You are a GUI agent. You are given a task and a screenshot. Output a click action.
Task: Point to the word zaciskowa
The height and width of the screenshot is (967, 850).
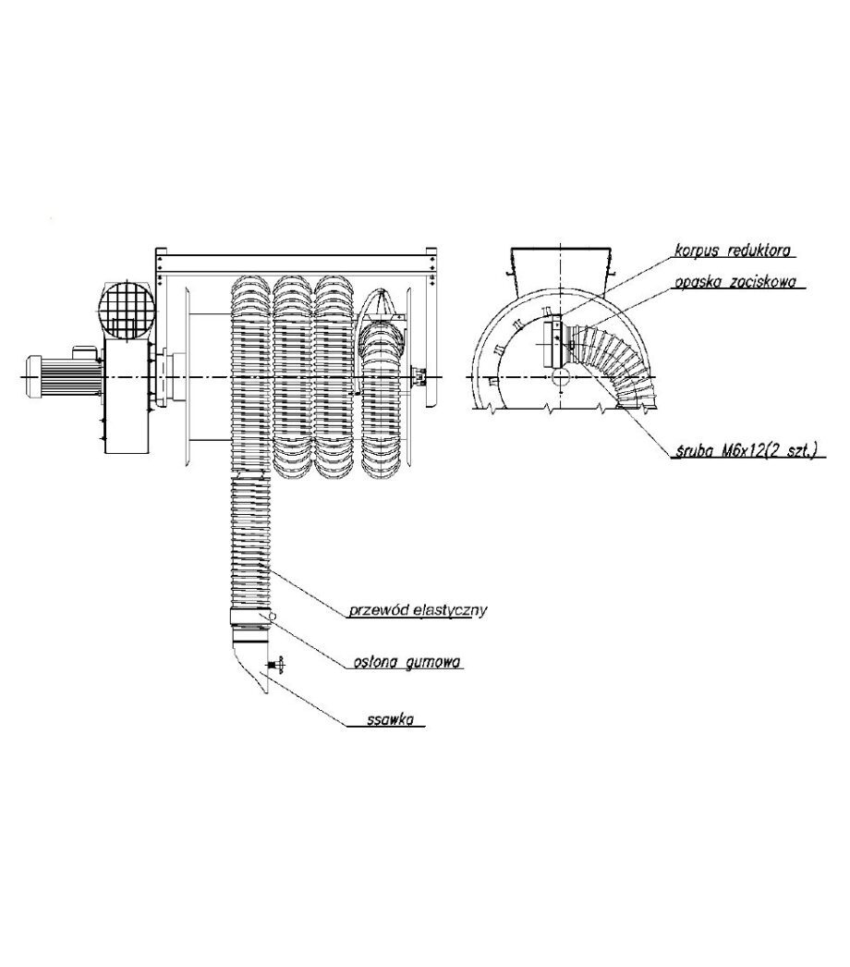pos(763,282)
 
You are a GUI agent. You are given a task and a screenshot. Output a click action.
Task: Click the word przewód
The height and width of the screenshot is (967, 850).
pos(376,610)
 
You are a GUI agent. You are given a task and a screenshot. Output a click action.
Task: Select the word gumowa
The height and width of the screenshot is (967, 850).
pos(434,662)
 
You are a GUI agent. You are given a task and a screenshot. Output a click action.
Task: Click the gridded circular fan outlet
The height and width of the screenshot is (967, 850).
pos(127,309)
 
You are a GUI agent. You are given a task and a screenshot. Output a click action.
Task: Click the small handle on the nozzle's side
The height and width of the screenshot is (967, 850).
pos(276,664)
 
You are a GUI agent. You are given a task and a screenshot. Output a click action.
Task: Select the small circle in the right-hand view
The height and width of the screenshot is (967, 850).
pos(562,376)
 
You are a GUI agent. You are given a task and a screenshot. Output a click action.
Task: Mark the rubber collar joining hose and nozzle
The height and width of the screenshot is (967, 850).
pos(250,618)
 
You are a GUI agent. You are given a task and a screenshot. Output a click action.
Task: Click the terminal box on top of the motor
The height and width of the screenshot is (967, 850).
pos(86,350)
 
